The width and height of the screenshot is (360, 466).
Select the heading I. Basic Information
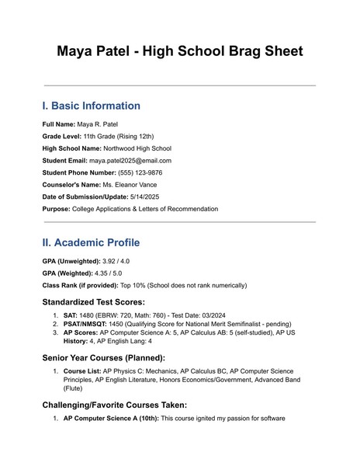click(91, 106)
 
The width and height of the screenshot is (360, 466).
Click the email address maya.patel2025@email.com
click(130, 160)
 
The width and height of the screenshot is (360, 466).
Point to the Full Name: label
click(58, 123)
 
